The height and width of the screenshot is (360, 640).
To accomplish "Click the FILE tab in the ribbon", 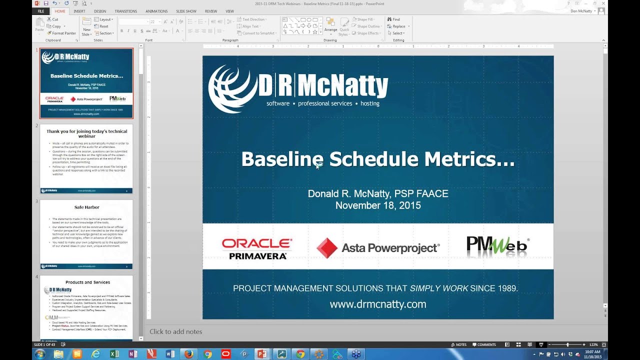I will tap(40, 11).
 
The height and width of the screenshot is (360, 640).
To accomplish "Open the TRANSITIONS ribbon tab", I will tap(125, 11).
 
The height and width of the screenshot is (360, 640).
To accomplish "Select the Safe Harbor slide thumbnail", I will tap(86, 234).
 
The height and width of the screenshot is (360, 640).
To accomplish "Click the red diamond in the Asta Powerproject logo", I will tap(327, 248).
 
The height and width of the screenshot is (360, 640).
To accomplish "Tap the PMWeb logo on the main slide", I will tap(497, 246).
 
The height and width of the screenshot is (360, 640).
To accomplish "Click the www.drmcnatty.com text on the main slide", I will tap(377, 304).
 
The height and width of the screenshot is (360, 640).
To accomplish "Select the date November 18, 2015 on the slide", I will tap(377, 205).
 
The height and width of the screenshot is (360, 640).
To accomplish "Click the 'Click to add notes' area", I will tap(176, 331).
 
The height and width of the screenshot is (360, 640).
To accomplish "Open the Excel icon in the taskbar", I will tap(114, 354).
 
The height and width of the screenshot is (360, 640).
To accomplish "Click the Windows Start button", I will tap(39, 354).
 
